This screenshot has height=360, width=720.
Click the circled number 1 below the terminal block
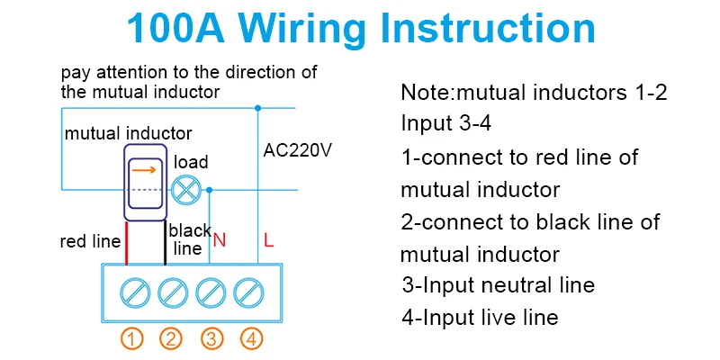click(132, 340)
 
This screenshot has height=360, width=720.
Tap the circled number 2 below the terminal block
click(171, 340)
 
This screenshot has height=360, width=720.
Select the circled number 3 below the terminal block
click(211, 340)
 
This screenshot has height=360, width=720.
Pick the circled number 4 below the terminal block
click(251, 340)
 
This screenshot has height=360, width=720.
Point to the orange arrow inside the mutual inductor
click(144, 170)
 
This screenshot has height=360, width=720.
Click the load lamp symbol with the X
click(186, 190)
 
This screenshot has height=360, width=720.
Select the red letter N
click(220, 240)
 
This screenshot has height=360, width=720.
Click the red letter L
click(268, 240)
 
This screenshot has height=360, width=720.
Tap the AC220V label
click(297, 150)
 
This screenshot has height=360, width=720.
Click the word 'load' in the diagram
click(191, 162)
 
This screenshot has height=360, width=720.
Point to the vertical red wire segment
click(126, 243)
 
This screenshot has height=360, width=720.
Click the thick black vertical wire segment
click(166, 243)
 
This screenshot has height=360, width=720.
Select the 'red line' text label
click(91, 241)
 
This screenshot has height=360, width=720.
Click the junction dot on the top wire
click(258, 108)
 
